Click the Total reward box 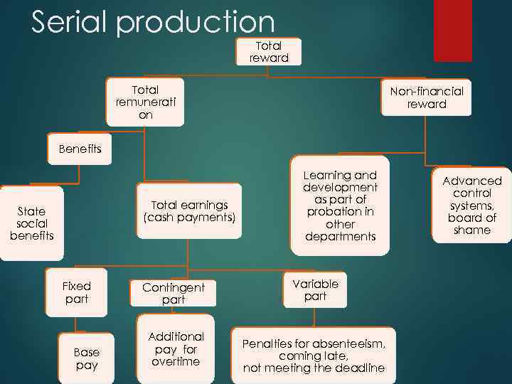click(x=269, y=52)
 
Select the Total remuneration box click(x=145, y=102)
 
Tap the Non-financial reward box click(x=426, y=97)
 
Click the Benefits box click(x=80, y=149)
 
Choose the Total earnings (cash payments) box click(x=189, y=211)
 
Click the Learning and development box click(x=340, y=206)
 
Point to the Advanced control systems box click(x=472, y=206)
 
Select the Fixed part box click(x=76, y=292)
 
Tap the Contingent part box click(x=173, y=294)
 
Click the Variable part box click(x=315, y=289)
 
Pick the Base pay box click(x=87, y=358)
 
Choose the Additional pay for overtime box click(x=176, y=349)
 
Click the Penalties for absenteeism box click(x=314, y=356)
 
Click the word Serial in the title click(x=70, y=23)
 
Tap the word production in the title click(x=196, y=23)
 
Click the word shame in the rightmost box click(x=472, y=230)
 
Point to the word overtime click(x=176, y=362)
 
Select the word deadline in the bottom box click(x=357, y=368)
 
